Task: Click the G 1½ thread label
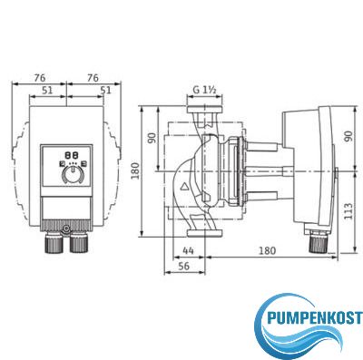pos(204,90)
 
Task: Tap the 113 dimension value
pos(348,211)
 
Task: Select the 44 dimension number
pos(188,250)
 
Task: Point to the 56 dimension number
pos(183,266)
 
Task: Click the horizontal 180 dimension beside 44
pos(268,250)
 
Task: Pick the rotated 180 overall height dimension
pos(135,170)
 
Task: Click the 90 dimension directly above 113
pos(348,136)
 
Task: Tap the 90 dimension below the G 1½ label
pos(152,138)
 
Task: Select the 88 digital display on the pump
pos(72,156)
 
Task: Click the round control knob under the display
pos(73,174)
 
